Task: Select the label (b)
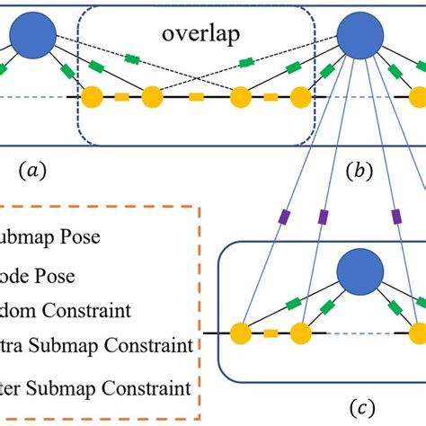tap(359, 168)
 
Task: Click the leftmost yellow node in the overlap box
tap(91, 96)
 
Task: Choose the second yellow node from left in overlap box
tap(151, 96)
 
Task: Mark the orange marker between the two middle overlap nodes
tap(196, 96)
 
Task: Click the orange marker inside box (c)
tap(271, 333)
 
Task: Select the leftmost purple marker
tap(284, 217)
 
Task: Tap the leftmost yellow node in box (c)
tap(241, 333)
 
